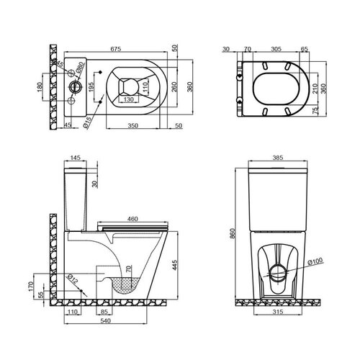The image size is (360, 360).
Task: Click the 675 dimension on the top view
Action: pos(116,49)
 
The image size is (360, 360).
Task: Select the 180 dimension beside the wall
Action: pos(40,87)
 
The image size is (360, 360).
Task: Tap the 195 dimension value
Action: pos(91,87)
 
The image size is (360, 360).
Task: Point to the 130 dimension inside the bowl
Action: pos(129,99)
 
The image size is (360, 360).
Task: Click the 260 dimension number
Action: pos(174,87)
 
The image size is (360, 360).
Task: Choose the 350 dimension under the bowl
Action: pos(132,125)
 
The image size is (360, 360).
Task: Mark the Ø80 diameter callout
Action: pos(80,67)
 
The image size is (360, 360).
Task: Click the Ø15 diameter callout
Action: pos(88,122)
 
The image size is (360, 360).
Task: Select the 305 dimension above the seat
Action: pos(276,49)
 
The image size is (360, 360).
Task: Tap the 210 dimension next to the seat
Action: pos(315,89)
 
